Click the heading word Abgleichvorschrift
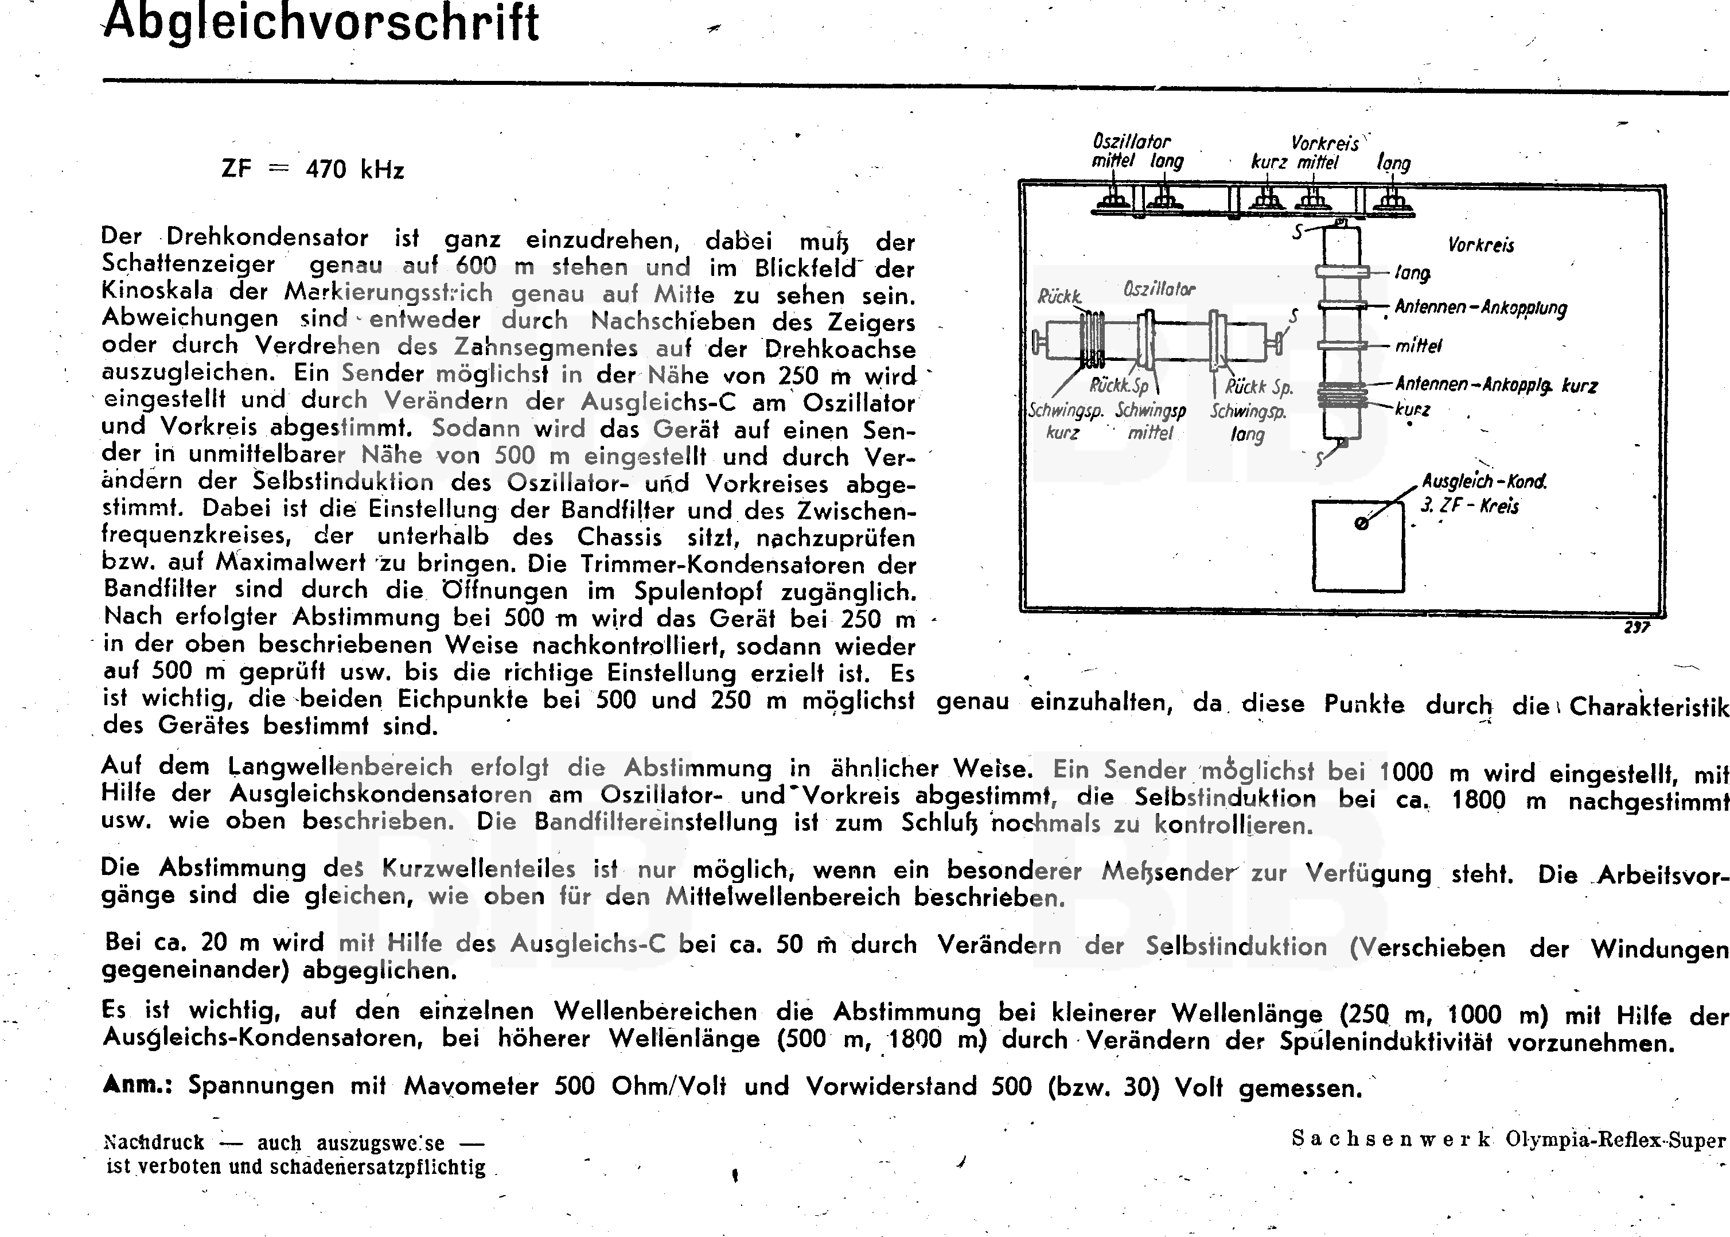pyautogui.click(x=321, y=23)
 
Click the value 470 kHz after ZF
pyautogui.click(x=355, y=169)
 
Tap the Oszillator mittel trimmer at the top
pyautogui.click(x=1114, y=201)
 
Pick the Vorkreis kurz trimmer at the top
pyautogui.click(x=1267, y=201)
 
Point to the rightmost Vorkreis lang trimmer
pyautogui.click(x=1392, y=201)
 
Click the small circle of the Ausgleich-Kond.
pyautogui.click(x=1362, y=523)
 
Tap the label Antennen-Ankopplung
pyautogui.click(x=1480, y=308)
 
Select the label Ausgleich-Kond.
pyautogui.click(x=1484, y=482)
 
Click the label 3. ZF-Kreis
pyautogui.click(x=1469, y=507)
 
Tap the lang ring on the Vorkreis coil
pyautogui.click(x=1342, y=271)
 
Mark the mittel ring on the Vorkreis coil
pyautogui.click(x=1342, y=345)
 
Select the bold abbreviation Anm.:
pyautogui.click(x=137, y=1084)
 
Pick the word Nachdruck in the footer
pyautogui.click(x=154, y=1142)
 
